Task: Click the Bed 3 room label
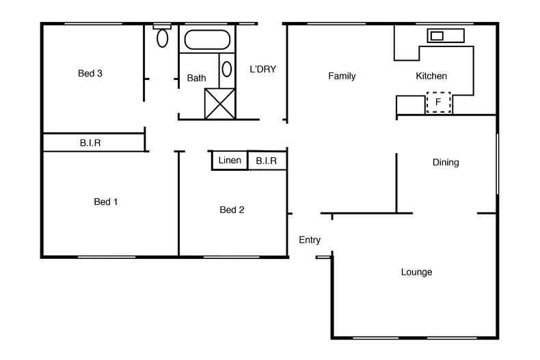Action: pyautogui.click(x=90, y=74)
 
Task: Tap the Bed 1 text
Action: pyautogui.click(x=106, y=202)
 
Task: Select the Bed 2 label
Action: pyautogui.click(x=232, y=210)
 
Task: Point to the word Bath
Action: pyautogui.click(x=196, y=79)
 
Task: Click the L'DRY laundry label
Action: pyautogui.click(x=262, y=69)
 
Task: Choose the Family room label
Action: pyautogui.click(x=342, y=76)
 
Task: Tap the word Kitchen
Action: pyautogui.click(x=431, y=76)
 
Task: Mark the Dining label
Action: pyautogui.click(x=446, y=163)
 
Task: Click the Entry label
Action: pyautogui.click(x=310, y=240)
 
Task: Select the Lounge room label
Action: pyautogui.click(x=416, y=272)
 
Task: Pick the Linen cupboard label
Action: pyautogui.click(x=230, y=161)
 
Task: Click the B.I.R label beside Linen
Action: pyautogui.click(x=266, y=161)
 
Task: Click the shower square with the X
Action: pyautogui.click(x=219, y=103)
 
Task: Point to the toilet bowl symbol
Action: pyautogui.click(x=162, y=36)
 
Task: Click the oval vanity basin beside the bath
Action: pyautogui.click(x=227, y=69)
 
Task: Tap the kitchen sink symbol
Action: pyautogui.click(x=436, y=36)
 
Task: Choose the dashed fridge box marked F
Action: pyautogui.click(x=438, y=102)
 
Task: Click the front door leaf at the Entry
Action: pyautogui.click(x=323, y=258)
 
